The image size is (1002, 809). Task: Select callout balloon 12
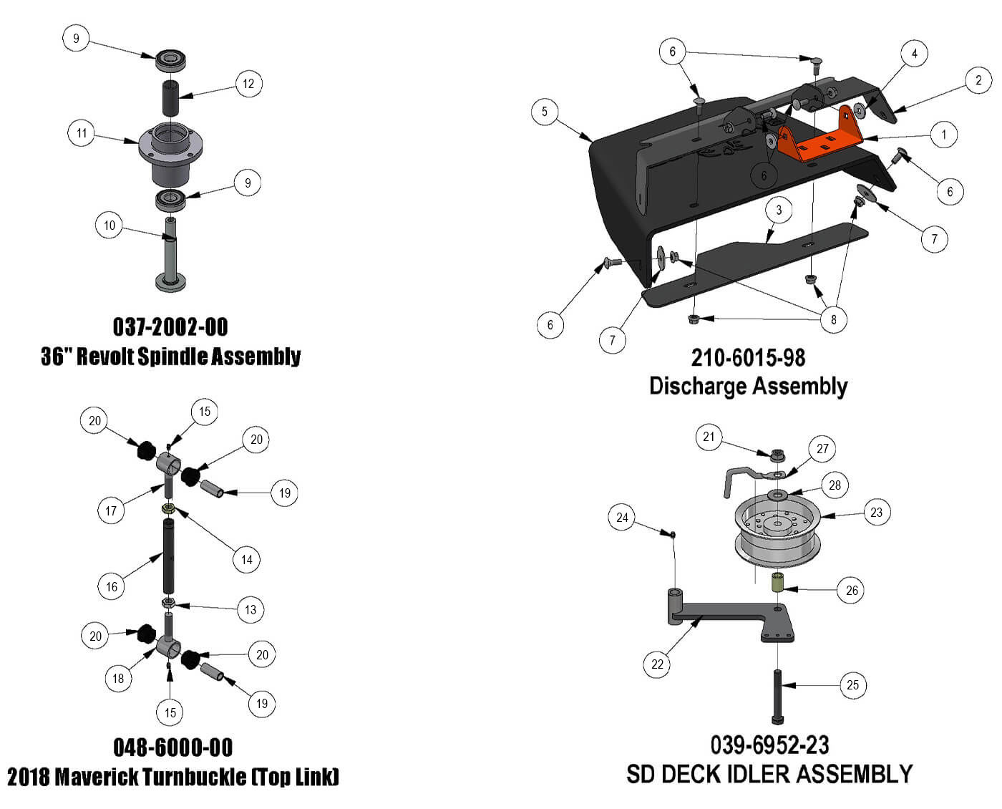coord(248,84)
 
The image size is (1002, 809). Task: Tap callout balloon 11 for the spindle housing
coord(82,133)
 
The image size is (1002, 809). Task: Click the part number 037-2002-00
coord(170,327)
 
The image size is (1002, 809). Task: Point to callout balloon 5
coord(545,112)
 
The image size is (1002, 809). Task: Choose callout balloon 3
coord(779,210)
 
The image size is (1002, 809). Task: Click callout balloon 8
coord(833,319)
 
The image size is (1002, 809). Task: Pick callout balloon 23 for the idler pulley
coord(877,512)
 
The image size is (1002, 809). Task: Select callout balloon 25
coord(852,685)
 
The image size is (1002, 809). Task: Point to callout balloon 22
coord(657,664)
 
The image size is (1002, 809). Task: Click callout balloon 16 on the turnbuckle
coord(112,587)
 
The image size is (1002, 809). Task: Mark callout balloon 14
coord(247,560)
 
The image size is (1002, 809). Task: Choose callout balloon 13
coord(250,610)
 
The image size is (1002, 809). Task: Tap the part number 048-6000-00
coord(173,747)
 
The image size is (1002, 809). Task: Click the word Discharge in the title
coord(698,387)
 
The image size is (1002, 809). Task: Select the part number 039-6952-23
coord(769,745)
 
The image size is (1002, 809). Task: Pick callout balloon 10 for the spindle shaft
coord(109,226)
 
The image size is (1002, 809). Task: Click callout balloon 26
coord(852,591)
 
